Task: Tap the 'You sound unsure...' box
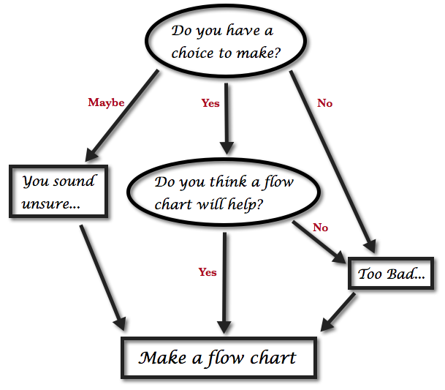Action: [59, 191]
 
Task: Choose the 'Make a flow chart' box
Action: [218, 358]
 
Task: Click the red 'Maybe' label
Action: [106, 102]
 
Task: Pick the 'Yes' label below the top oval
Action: [210, 103]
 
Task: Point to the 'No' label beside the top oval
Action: [324, 103]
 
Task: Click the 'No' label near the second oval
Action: [320, 228]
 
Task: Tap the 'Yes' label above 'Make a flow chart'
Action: [208, 272]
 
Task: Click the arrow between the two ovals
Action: [226, 117]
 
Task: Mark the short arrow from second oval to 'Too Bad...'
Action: [320, 241]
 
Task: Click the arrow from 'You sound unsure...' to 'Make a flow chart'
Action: [102, 274]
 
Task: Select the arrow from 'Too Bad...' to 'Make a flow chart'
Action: [338, 310]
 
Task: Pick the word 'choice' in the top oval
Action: [191, 53]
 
